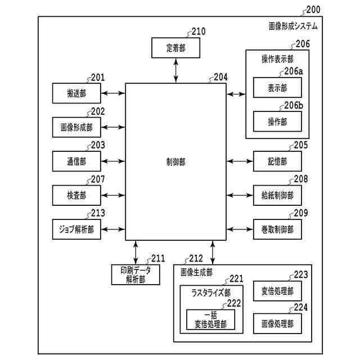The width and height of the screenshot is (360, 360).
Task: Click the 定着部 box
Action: click(175, 48)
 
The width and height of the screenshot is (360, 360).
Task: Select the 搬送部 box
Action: click(76, 93)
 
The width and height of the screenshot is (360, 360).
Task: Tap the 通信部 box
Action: click(76, 161)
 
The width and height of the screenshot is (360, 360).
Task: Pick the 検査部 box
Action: click(76, 195)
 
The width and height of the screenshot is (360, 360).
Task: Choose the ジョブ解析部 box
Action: click(76, 229)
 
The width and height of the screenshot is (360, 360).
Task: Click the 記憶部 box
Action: click(277, 161)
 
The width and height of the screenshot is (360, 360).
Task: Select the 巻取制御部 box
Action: click(277, 229)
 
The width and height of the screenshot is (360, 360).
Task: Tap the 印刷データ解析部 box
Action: click(136, 274)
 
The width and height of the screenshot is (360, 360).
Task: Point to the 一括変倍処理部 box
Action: click(210, 319)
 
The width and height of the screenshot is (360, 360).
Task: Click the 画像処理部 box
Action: click(277, 323)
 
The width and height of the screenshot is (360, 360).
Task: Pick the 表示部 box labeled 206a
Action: click(277, 88)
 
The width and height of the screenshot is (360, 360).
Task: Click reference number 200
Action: click(313, 10)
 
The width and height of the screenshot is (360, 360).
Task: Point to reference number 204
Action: click(220, 77)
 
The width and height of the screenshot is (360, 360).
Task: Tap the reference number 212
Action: click(196, 259)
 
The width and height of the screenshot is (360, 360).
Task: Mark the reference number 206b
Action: click(294, 105)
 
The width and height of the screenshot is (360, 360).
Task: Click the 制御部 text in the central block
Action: click(175, 162)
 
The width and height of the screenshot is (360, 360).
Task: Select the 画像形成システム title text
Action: click(293, 26)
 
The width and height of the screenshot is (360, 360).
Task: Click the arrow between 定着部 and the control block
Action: click(176, 70)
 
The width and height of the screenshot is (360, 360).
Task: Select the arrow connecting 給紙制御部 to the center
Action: click(240, 195)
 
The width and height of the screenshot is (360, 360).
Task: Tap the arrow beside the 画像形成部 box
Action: click(113, 127)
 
